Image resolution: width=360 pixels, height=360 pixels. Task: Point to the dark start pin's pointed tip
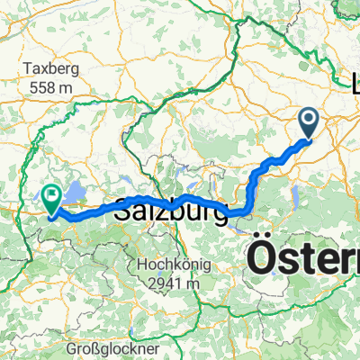(x=308, y=139)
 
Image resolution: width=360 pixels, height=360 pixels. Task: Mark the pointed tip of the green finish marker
(x=51, y=215)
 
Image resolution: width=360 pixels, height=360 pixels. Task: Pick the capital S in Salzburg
(x=122, y=216)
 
